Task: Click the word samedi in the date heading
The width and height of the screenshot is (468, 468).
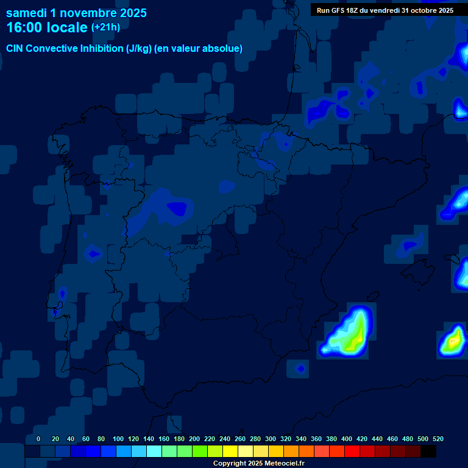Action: (29, 13)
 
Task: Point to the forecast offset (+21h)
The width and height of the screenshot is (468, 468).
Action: (105, 27)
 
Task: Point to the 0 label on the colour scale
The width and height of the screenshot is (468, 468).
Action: (38, 439)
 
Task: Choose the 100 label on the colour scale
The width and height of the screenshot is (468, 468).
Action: (118, 439)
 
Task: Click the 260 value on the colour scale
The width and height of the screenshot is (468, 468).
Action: (239, 439)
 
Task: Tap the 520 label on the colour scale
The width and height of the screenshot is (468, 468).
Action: (438, 439)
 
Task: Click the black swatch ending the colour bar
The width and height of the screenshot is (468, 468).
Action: (428, 452)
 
